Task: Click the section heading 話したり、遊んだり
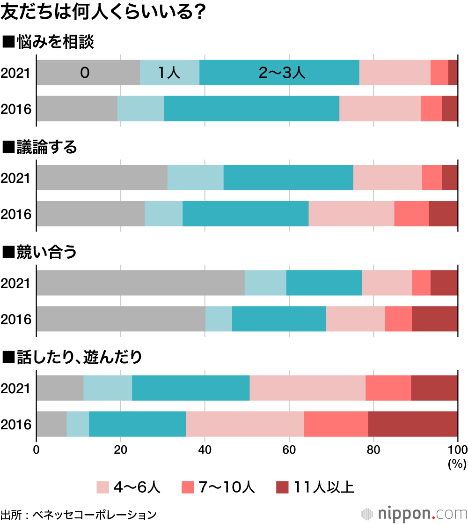tap(73, 358)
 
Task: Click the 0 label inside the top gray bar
tap(84, 73)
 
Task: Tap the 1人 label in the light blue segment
tap(169, 73)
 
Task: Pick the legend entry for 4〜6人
tap(129, 487)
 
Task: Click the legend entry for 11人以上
tap(315, 487)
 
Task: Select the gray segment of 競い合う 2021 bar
tap(140, 283)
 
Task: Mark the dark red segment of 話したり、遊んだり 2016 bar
tap(413, 424)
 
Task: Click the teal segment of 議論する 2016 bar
tap(245, 214)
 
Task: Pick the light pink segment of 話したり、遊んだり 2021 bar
tap(307, 388)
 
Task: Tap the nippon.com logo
tap(415, 513)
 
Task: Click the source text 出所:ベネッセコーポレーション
tap(79, 514)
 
